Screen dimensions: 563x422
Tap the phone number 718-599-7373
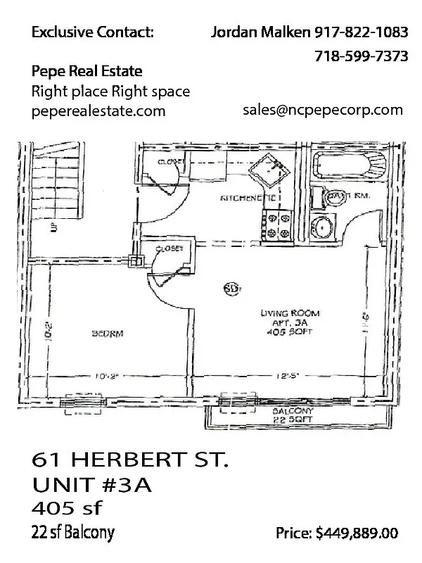click(x=362, y=56)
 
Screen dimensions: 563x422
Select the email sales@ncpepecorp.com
click(x=323, y=110)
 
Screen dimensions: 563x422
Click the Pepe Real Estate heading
click(x=87, y=71)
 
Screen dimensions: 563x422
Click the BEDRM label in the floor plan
click(x=109, y=334)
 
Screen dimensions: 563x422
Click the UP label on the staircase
click(x=53, y=227)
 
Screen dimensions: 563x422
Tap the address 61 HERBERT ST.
click(x=130, y=461)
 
